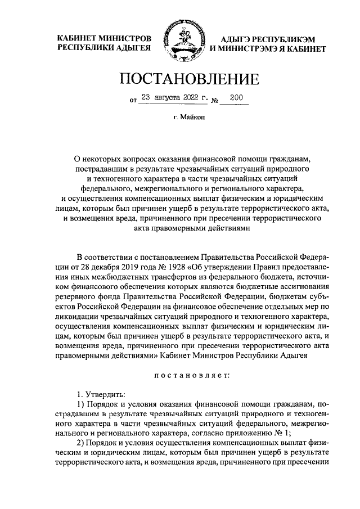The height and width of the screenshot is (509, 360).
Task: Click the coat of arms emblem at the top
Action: [180, 42]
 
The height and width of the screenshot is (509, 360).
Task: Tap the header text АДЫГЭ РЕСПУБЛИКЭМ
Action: [260, 39]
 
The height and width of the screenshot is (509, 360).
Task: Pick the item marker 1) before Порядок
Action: [80, 404]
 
